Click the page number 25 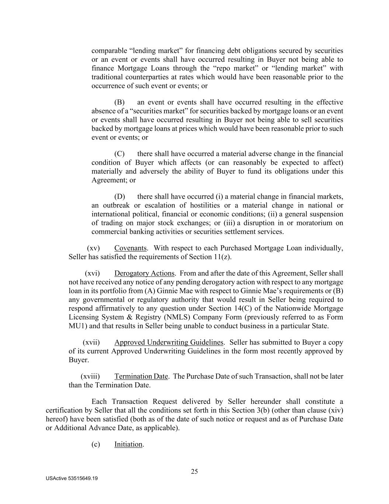click(x=194, y=471)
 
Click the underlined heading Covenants click(x=131, y=248)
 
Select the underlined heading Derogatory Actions click(x=144, y=273)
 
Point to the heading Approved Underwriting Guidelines click(x=169, y=342)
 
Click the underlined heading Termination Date click(x=141, y=376)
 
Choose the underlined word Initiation click(x=128, y=444)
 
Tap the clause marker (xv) click(x=93, y=248)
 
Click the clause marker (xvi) click(x=92, y=273)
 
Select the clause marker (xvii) click(x=91, y=342)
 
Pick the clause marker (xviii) click(x=90, y=376)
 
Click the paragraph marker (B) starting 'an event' click(x=119, y=102)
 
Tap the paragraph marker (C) click(x=119, y=154)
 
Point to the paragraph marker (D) click(x=119, y=196)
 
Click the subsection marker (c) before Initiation click(x=95, y=444)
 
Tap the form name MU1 click(x=76, y=326)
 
